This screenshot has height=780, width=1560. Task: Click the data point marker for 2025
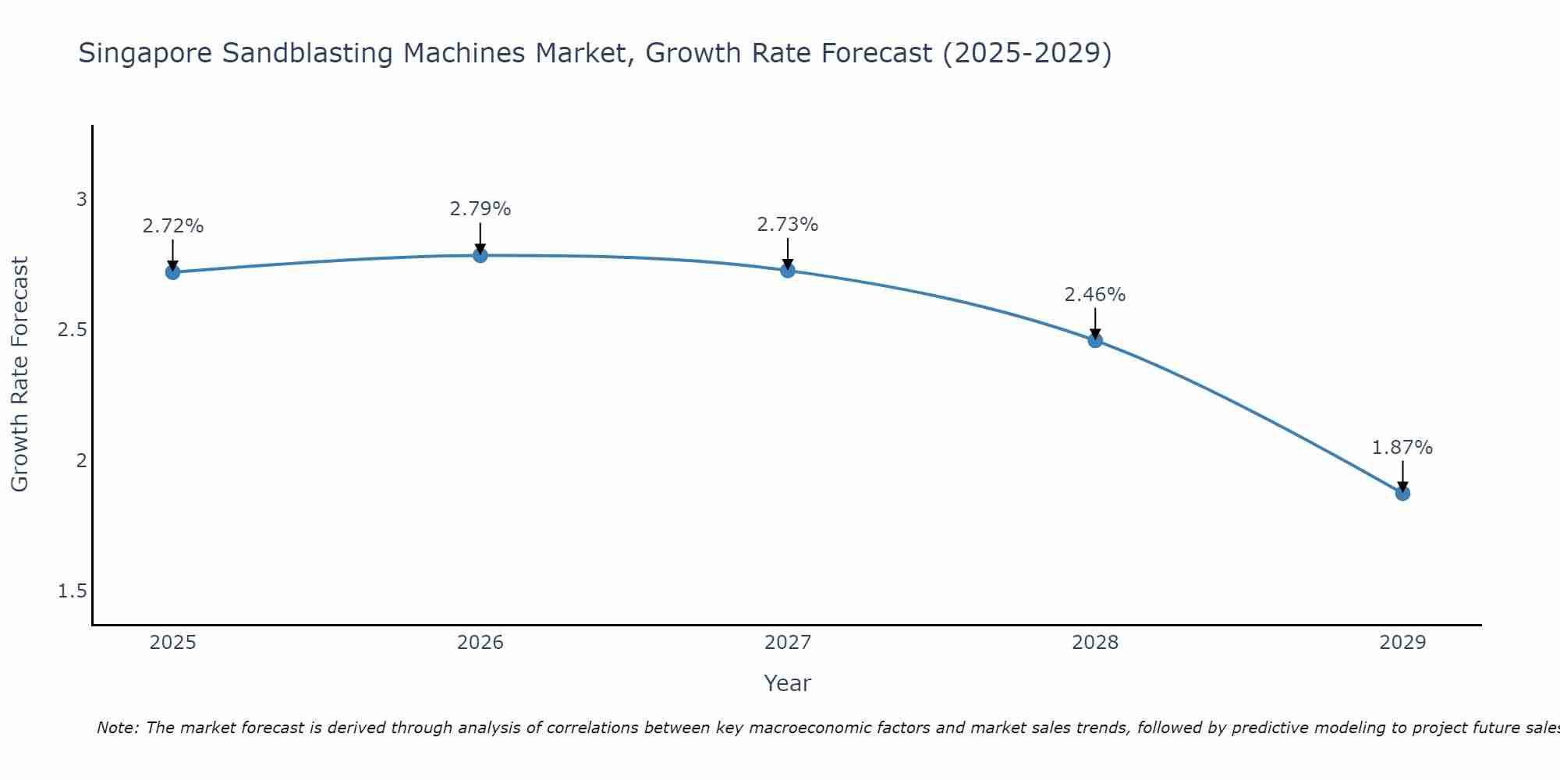point(172,272)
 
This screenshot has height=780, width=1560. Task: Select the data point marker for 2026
point(480,255)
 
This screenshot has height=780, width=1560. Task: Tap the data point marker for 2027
point(787,271)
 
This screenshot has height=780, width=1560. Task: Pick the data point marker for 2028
point(1094,340)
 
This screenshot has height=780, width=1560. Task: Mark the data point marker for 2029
point(1402,493)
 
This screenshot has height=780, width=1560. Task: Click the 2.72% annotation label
point(172,226)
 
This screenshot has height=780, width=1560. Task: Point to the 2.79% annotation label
point(480,209)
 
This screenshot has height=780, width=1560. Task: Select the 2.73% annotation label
point(787,225)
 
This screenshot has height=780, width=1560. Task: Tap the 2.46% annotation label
point(1094,295)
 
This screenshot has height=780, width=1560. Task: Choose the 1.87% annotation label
point(1402,448)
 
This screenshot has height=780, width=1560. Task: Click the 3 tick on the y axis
point(81,199)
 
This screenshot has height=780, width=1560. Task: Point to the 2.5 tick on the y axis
point(73,330)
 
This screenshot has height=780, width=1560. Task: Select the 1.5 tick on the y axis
point(73,591)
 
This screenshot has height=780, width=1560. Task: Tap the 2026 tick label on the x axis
point(480,643)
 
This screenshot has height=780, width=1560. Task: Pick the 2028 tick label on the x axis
point(1094,643)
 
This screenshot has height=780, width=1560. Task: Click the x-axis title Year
point(787,683)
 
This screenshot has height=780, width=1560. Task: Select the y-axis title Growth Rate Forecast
point(19,374)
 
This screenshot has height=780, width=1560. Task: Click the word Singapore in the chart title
point(146,54)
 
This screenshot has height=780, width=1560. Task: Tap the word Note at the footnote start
point(118,728)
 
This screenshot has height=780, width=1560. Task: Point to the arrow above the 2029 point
point(1402,474)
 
